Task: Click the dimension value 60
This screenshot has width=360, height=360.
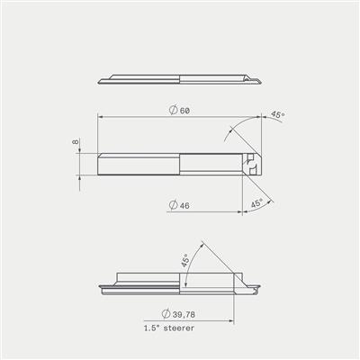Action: pyautogui.click(x=184, y=111)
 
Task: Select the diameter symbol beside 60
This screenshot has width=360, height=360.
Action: pyautogui.click(x=173, y=110)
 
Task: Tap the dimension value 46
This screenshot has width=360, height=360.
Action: pyautogui.click(x=184, y=206)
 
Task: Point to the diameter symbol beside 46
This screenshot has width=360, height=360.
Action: pyautogui.click(x=173, y=205)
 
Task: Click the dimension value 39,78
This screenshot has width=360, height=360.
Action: pyautogui.click(x=184, y=315)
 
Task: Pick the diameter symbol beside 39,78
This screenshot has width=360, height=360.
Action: pyautogui.click(x=166, y=314)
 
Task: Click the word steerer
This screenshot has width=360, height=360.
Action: pyautogui.click(x=179, y=328)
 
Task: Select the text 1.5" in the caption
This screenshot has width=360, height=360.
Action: pyautogui.click(x=152, y=328)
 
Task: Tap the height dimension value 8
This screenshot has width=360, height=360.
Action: pyautogui.click(x=75, y=141)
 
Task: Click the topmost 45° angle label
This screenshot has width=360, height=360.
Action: pyautogui.click(x=277, y=115)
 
